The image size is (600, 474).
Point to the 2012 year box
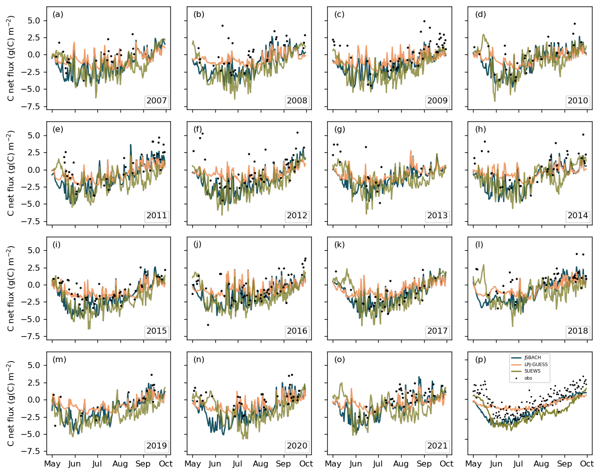click(x=298, y=216)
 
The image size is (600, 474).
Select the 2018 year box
click(x=580, y=331)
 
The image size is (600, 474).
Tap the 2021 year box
click(x=439, y=446)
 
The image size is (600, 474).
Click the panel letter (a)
click(x=58, y=14)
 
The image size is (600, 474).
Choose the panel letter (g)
click(x=340, y=129)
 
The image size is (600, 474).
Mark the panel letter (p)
click(x=481, y=360)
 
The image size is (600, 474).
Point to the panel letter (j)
click(x=199, y=245)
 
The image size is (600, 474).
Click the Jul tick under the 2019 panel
click(x=97, y=464)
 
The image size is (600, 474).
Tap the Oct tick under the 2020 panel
click(x=306, y=464)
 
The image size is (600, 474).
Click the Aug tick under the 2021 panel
click(x=401, y=464)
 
